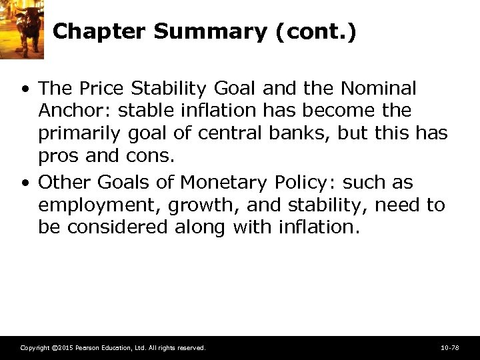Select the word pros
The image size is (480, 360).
(x=59, y=156)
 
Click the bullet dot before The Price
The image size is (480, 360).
(x=25, y=89)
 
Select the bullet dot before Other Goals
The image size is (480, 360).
(x=25, y=183)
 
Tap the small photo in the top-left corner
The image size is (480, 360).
(x=21, y=29)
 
